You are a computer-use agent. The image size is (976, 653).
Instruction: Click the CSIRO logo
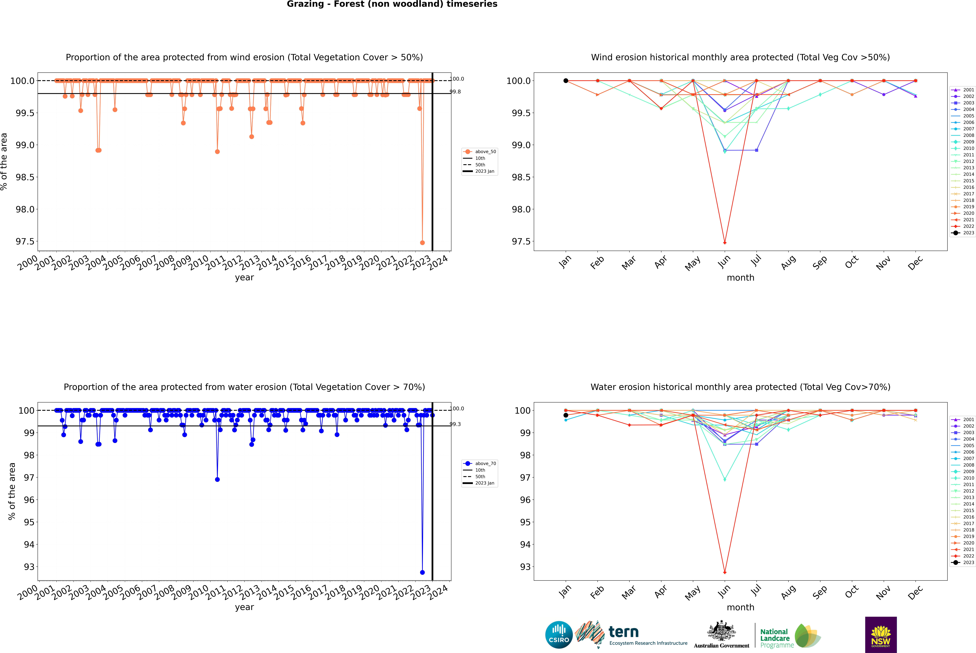[559, 635]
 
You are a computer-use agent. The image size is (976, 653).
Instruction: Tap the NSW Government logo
[881, 635]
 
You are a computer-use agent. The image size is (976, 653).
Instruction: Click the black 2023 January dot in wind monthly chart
[566, 81]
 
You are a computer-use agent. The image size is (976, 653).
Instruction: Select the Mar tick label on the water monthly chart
[629, 592]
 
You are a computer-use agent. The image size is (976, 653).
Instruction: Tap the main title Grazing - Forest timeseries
[392, 4]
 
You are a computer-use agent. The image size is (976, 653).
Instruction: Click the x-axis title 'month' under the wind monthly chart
[740, 278]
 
